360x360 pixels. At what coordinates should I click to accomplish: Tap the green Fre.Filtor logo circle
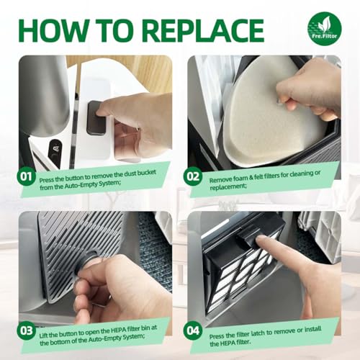tap(324, 29)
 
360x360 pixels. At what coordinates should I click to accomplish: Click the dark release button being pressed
tap(96, 117)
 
